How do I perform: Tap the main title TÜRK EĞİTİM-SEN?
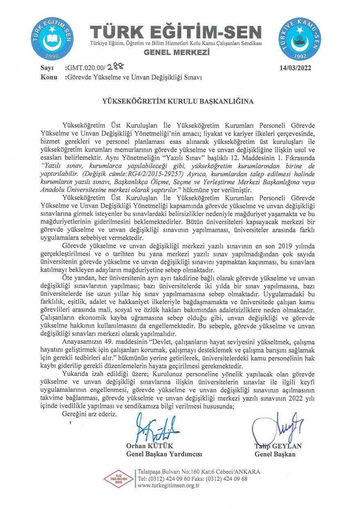(x=176, y=32)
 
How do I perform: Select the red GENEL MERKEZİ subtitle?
(x=177, y=53)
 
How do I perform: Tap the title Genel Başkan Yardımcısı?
(x=164, y=454)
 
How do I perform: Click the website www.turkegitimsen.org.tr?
(x=169, y=485)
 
